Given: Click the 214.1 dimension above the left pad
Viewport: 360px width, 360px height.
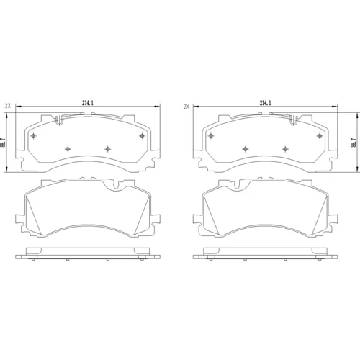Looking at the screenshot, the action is pos(88,103).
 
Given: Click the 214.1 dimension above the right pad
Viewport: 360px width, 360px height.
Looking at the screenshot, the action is pos(265,103).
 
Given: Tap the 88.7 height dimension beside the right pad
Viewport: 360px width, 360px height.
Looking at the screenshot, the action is pos(353,143).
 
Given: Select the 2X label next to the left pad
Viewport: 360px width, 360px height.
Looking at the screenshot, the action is pos(8,106).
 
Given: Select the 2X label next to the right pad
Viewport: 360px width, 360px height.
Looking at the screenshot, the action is pos(186,107).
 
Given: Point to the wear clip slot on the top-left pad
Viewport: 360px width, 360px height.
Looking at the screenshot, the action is pos(59,120).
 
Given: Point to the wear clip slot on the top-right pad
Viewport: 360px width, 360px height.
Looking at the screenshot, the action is pos(294,120).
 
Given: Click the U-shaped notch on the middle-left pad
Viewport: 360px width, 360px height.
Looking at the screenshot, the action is pos(117,185).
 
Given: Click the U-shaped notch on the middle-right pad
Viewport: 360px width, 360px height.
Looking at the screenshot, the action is pos(237,185).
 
